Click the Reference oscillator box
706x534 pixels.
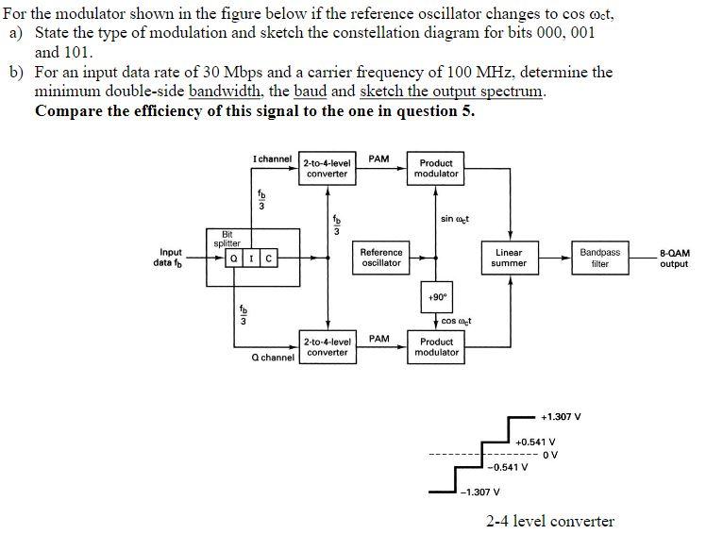click(381, 258)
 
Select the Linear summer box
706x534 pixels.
click(509, 258)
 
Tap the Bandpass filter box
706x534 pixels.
click(600, 258)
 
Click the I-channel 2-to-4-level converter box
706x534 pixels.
click(328, 168)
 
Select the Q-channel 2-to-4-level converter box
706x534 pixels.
click(328, 347)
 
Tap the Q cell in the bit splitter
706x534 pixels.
click(232, 258)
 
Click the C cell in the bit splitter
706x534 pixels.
click(268, 258)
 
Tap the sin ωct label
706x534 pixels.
click(455, 219)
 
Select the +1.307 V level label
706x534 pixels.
click(561, 416)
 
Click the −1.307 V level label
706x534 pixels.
click(480, 492)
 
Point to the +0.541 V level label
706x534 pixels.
click(535, 441)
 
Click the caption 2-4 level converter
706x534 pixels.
click(549, 521)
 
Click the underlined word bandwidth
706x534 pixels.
click(226, 91)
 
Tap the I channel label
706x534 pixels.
click(273, 159)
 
